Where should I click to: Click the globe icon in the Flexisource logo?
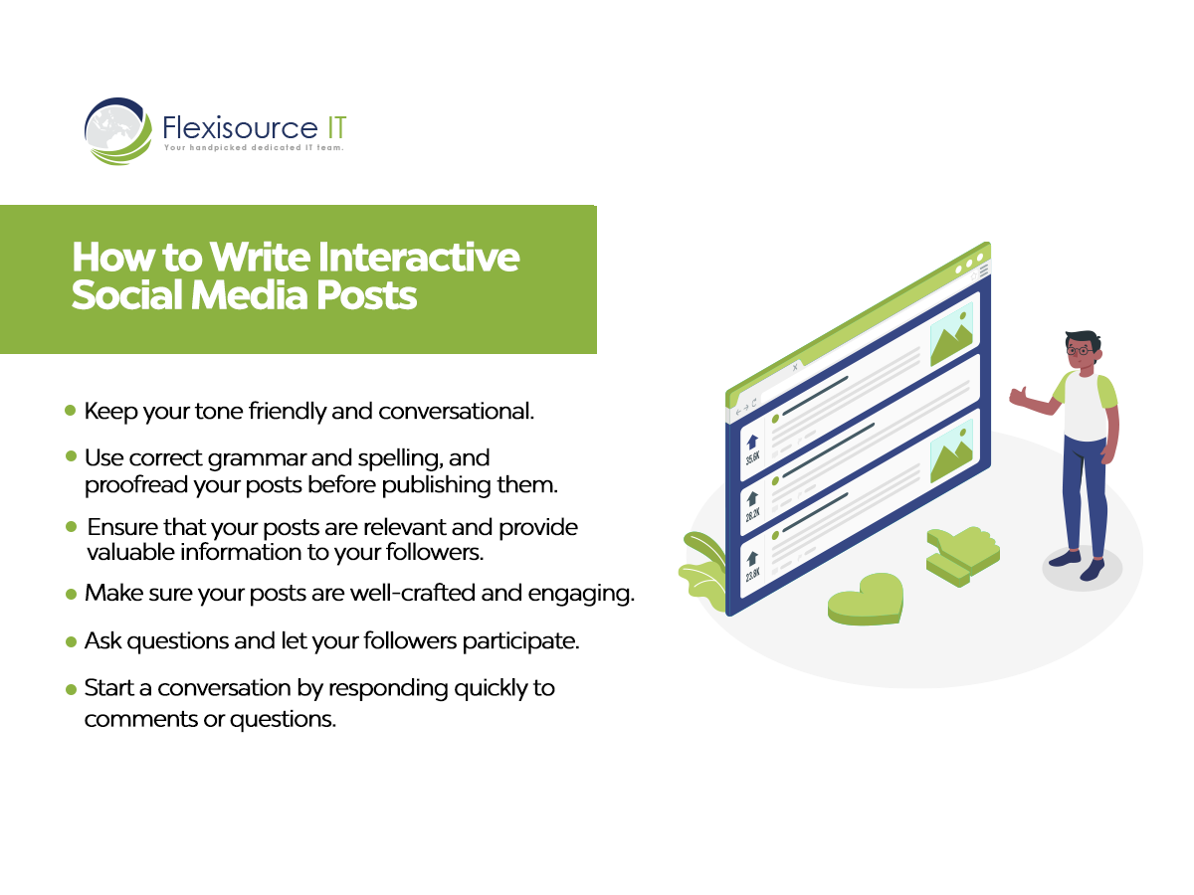tap(118, 131)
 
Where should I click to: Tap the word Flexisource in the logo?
tap(240, 127)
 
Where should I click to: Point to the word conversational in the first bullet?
tap(456, 412)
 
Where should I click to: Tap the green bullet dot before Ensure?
tap(71, 526)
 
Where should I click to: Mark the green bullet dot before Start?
tap(71, 689)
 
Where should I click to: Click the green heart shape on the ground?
tap(865, 598)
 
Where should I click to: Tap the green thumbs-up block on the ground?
tap(962, 555)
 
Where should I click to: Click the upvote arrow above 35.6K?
tap(752, 442)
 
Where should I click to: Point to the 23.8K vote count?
tap(753, 574)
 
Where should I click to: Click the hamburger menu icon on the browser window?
tap(984, 269)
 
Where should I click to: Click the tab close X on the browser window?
tap(795, 367)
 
